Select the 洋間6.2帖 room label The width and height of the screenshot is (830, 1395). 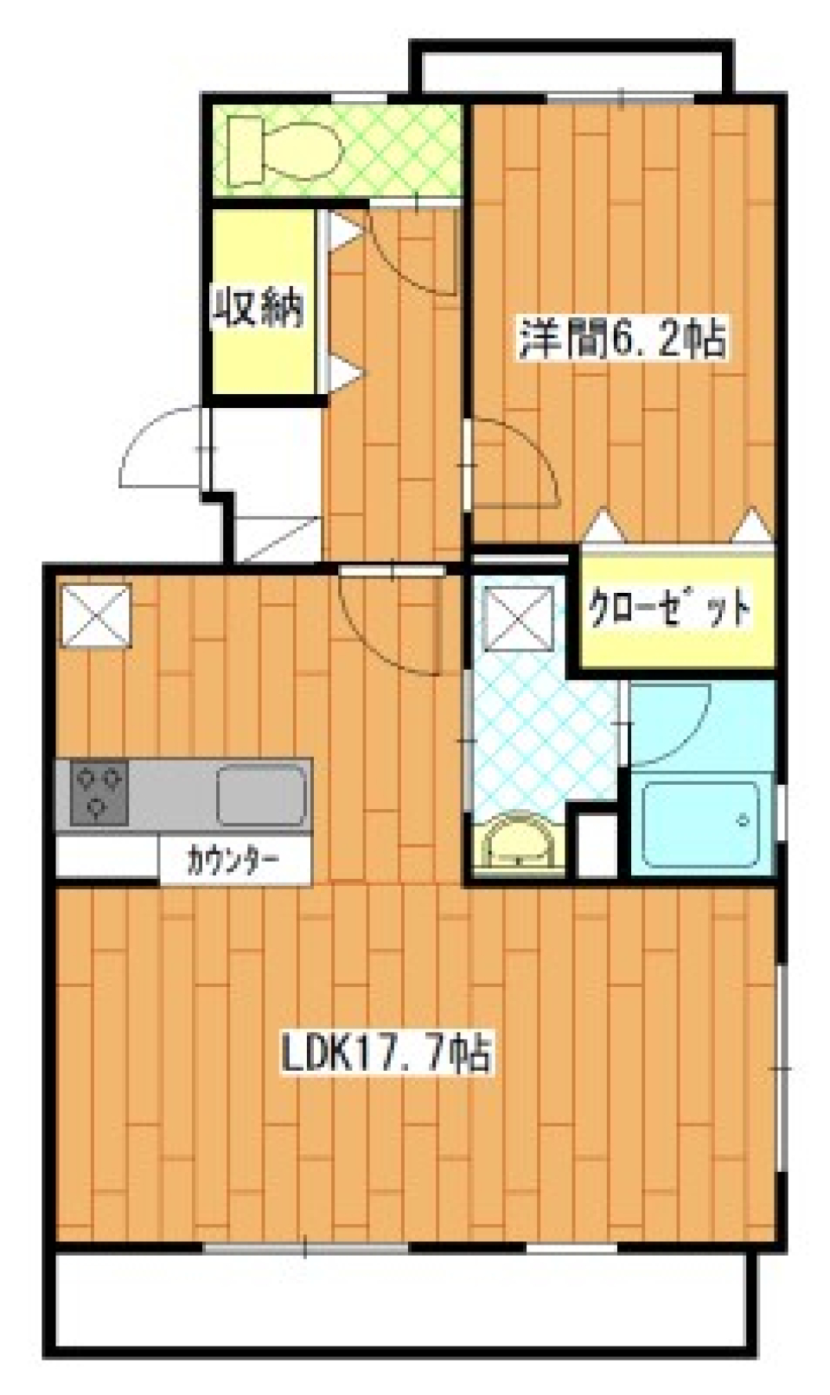622,338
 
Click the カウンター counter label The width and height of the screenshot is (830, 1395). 233,861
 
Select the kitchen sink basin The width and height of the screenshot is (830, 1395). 261,793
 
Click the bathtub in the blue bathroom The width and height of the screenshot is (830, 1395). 701,825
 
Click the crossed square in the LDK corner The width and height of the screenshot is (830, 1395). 95,615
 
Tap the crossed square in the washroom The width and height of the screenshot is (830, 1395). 519,617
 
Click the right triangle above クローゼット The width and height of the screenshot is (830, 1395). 750,525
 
